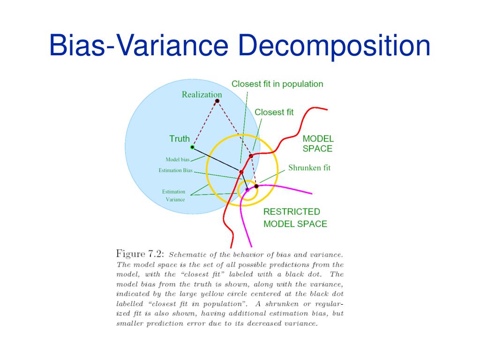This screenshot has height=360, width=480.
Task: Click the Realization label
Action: [202, 95]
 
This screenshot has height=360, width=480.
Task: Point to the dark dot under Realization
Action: [217, 101]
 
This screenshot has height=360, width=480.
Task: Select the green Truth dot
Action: [192, 147]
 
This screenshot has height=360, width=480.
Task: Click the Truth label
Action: [180, 139]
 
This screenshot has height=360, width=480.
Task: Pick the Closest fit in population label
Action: [277, 84]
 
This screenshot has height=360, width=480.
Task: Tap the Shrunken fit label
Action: [309, 167]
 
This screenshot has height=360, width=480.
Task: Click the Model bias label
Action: [177, 160]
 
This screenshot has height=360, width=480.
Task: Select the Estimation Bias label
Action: [175, 171]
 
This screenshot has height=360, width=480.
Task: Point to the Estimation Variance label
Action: [174, 195]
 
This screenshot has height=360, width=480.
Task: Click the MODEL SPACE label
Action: [318, 144]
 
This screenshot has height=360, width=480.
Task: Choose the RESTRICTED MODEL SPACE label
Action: [295, 218]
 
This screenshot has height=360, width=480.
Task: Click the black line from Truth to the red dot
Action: [217, 159]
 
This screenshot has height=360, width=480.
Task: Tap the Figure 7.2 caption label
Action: [140, 254]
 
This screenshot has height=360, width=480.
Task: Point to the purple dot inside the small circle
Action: [247, 189]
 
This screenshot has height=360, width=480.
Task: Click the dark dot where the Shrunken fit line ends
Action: [256, 186]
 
